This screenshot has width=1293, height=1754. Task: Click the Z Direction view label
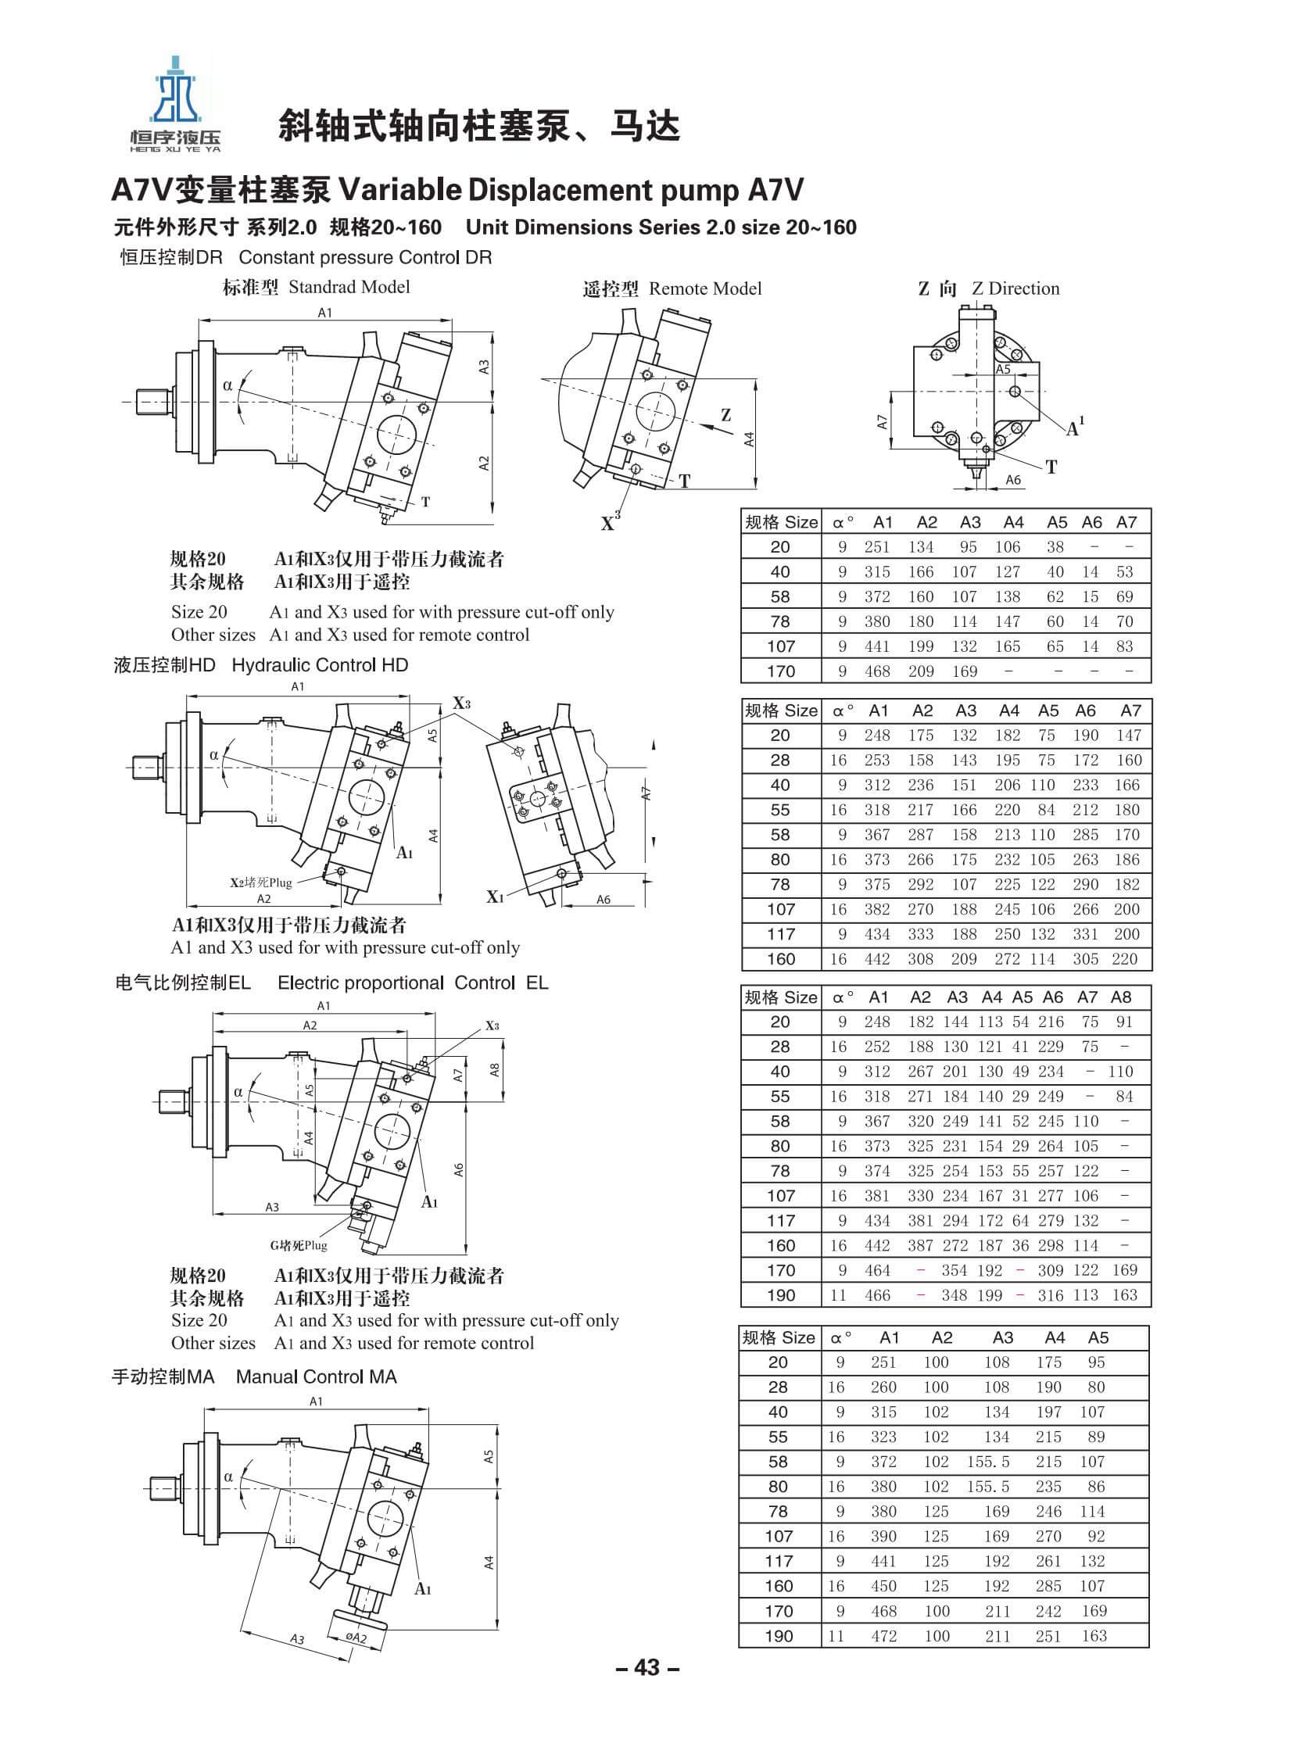click(990, 288)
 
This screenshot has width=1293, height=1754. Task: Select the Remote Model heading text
click(672, 289)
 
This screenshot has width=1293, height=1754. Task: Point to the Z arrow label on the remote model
click(725, 416)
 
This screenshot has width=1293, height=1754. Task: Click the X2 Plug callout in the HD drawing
click(260, 883)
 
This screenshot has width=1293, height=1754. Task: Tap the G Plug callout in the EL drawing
click(298, 1245)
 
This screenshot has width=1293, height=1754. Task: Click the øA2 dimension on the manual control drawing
click(356, 1638)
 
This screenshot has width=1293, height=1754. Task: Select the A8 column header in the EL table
click(1121, 997)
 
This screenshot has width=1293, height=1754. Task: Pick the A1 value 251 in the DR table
click(876, 547)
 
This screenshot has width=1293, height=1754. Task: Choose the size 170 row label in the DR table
click(780, 671)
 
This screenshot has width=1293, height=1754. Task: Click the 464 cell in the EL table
click(876, 1270)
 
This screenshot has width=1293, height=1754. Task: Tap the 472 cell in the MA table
click(883, 1636)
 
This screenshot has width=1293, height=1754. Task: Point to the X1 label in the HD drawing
click(494, 897)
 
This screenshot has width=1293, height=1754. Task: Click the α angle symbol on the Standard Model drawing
click(227, 385)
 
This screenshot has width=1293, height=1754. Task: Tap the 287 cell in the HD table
click(920, 835)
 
